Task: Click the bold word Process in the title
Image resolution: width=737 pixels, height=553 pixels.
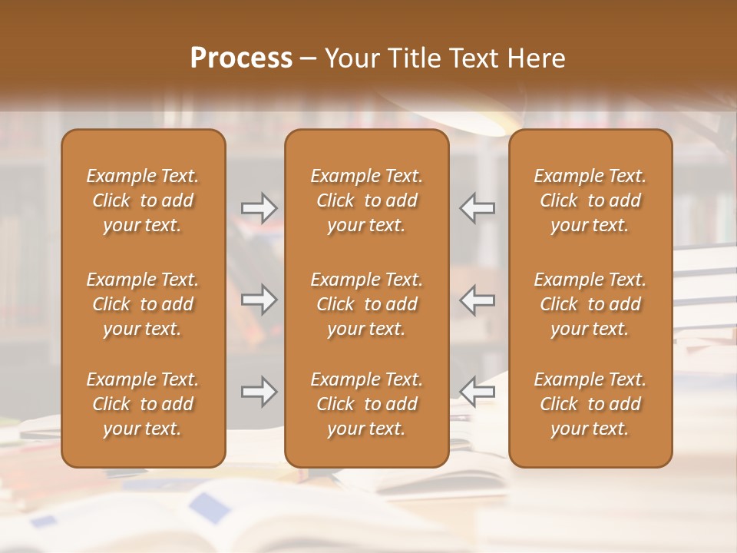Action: click(241, 58)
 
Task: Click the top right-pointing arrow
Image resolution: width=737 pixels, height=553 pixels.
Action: click(259, 208)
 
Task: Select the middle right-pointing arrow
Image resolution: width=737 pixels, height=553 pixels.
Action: click(259, 300)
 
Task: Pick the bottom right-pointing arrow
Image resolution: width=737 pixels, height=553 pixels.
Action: click(259, 392)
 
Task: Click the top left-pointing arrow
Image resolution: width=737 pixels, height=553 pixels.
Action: click(478, 208)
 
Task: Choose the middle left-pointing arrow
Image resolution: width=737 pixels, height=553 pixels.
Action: click(478, 300)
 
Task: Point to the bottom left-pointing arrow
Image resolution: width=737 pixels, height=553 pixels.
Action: click(478, 392)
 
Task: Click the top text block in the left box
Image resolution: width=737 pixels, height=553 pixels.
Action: click(143, 200)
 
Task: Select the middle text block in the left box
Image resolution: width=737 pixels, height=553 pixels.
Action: click(143, 304)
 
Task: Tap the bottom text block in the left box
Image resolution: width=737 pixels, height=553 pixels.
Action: click(143, 404)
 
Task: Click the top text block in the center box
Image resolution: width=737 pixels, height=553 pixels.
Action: click(366, 200)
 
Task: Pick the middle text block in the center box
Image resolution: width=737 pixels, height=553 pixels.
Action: click(366, 304)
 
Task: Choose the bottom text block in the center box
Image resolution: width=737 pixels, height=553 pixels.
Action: click(366, 404)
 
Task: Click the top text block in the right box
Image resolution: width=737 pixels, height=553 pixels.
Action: click(590, 200)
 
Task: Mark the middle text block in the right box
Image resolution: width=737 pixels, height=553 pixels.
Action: click(590, 304)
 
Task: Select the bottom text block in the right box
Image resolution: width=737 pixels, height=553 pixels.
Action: click(590, 404)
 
